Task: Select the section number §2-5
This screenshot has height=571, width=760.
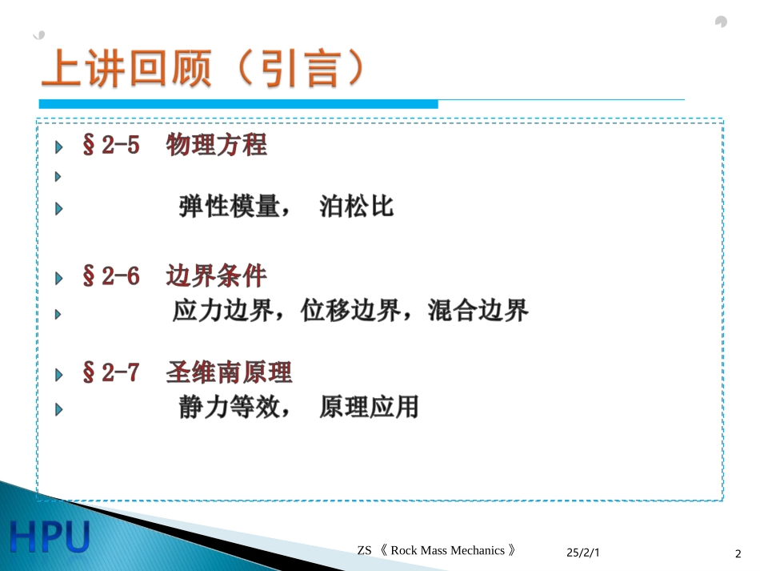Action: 110,146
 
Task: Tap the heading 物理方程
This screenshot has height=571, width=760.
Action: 216,146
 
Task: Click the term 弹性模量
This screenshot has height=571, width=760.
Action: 227,207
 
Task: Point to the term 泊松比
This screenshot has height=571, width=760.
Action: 356,207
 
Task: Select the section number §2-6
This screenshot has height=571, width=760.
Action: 110,277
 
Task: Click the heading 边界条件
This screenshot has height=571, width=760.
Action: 216,277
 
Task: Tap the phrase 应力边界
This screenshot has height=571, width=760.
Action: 222,312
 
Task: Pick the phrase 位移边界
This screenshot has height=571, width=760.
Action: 350,312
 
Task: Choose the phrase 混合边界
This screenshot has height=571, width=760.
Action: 478,312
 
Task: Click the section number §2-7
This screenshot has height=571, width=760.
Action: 110,373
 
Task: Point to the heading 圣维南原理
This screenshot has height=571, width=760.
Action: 229,373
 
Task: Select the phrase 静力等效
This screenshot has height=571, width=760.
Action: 227,408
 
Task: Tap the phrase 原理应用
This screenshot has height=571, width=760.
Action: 369,408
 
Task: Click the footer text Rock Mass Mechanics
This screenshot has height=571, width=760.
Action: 447,550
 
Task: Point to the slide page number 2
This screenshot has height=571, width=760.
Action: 738,553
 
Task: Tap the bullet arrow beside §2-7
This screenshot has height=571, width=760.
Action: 58,375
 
